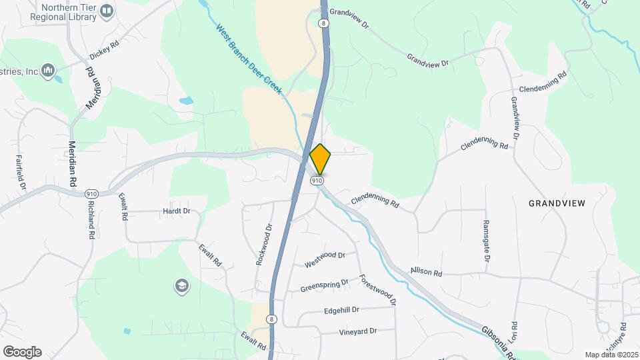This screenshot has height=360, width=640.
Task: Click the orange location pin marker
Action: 320,159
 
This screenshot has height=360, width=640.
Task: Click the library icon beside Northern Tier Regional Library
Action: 105,12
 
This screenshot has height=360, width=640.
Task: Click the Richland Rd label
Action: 90,219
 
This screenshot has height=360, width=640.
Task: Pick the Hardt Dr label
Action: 177,211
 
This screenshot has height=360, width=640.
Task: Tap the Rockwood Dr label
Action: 265,244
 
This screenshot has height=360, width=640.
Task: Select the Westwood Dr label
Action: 325,260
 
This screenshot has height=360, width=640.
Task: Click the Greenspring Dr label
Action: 325,285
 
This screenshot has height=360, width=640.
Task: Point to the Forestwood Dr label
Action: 378,291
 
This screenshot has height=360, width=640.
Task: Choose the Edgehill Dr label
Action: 341,310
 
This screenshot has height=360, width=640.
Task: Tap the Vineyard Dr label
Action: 358,331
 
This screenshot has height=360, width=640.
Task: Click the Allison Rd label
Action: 426,272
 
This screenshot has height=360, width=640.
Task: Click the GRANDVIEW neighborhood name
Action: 557,203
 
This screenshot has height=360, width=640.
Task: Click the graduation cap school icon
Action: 181,287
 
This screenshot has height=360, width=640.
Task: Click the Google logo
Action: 22,351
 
